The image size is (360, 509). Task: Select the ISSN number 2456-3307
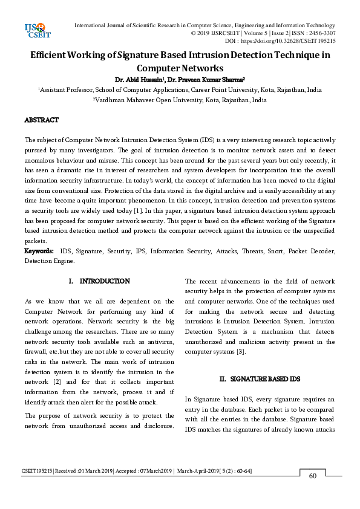(321, 33)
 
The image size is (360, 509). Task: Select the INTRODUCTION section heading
(104, 281)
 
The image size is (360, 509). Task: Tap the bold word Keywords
(39, 251)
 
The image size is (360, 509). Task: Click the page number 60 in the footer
(313, 476)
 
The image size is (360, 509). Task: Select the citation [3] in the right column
(240, 351)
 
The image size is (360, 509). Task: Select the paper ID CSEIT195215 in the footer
(37, 470)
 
